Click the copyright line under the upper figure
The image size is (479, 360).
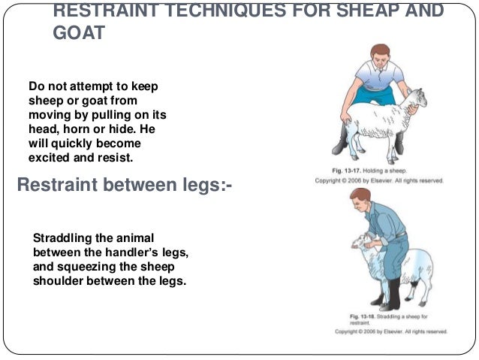[378, 181]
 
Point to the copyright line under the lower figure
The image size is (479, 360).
[390, 331]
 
